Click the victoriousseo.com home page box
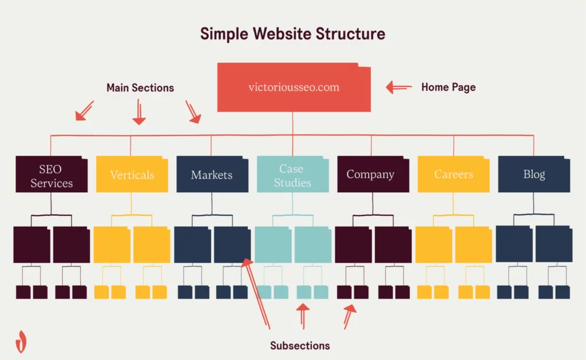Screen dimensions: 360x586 point(294,88)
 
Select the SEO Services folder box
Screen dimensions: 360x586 point(52,175)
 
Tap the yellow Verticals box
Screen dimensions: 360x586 point(132,175)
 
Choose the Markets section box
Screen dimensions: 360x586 point(212,175)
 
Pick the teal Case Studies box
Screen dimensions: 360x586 point(292,175)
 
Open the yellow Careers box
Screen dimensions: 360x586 point(454,175)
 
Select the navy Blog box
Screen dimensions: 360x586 point(534,175)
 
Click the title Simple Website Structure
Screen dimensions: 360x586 point(292,34)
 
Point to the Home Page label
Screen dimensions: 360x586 point(448,88)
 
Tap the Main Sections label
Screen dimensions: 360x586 point(140,88)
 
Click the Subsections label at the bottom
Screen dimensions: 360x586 point(300,346)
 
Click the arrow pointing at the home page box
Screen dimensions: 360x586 point(399,88)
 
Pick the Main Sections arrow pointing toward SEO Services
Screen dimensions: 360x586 point(84,111)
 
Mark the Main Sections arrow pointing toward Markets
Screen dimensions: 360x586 point(193,112)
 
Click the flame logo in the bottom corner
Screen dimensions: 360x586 point(21,341)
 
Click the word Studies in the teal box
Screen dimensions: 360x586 point(292,183)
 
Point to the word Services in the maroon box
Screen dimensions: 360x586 point(52,183)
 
